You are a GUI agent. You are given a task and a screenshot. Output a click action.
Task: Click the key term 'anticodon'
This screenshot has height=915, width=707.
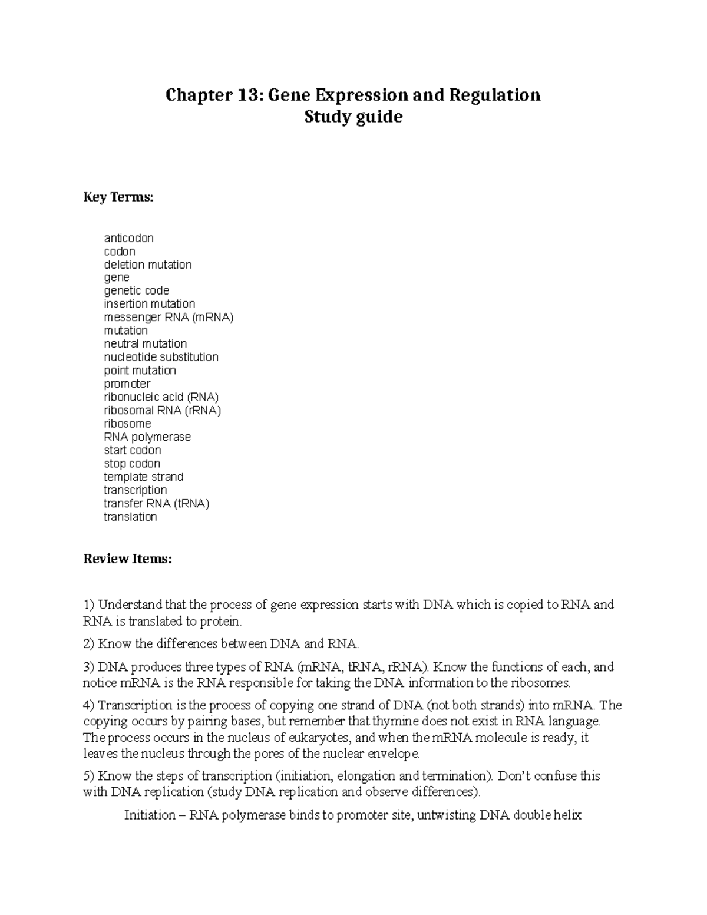pyautogui.click(x=128, y=238)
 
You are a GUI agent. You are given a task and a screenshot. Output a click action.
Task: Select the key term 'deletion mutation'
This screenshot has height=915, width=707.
pyautogui.click(x=148, y=265)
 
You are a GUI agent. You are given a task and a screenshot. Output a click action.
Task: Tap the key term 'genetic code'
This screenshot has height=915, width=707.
pyautogui.click(x=136, y=290)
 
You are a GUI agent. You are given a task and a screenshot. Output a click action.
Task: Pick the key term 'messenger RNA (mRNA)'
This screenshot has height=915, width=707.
pyautogui.click(x=169, y=317)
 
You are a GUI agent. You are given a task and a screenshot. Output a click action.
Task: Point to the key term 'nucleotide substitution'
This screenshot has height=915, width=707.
pyautogui.click(x=161, y=357)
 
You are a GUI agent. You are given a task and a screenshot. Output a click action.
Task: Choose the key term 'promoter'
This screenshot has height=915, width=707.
pyautogui.click(x=127, y=384)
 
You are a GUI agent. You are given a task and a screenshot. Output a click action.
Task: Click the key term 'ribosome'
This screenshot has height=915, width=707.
pyautogui.click(x=127, y=424)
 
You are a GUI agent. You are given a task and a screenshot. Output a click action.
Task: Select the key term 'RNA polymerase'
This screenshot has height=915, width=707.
pyautogui.click(x=147, y=437)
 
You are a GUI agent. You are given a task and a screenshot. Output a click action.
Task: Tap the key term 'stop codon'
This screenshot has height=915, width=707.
pyautogui.click(x=132, y=464)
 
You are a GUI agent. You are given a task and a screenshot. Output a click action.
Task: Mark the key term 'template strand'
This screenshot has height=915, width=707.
pyautogui.click(x=143, y=477)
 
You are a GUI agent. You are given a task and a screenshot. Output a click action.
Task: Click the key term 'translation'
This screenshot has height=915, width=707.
pyautogui.click(x=130, y=517)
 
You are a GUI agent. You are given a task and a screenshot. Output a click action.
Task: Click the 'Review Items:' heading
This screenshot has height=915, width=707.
pyautogui.click(x=127, y=559)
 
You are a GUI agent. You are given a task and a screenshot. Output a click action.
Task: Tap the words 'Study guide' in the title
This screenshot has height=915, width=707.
pyautogui.click(x=353, y=117)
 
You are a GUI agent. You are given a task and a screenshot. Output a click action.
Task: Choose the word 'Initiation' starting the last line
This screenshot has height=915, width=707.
pyautogui.click(x=150, y=815)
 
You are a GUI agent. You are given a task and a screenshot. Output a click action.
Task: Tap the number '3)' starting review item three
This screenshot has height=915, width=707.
pyautogui.click(x=89, y=667)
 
